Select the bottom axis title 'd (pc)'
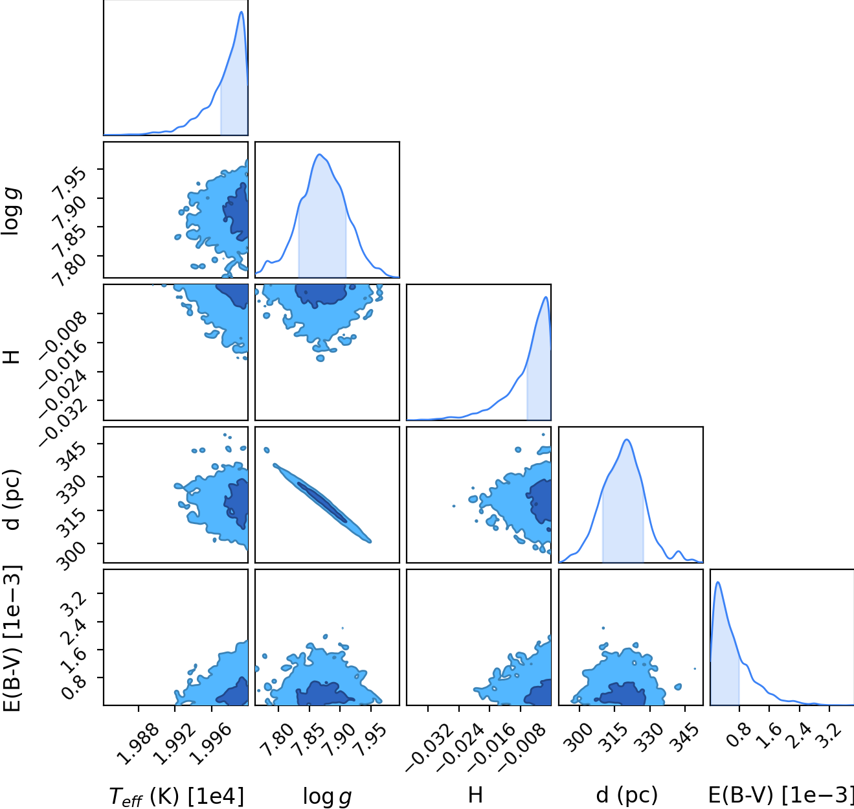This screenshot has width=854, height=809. point(627,795)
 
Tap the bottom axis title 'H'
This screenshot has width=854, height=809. point(475,795)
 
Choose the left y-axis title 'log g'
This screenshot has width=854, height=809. point(11,211)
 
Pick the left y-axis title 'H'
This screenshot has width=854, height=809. point(12,356)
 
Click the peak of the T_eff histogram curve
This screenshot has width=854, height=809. point(242,12)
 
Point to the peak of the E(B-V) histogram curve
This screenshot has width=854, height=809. point(717,582)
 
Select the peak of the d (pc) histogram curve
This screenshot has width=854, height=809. point(627,440)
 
